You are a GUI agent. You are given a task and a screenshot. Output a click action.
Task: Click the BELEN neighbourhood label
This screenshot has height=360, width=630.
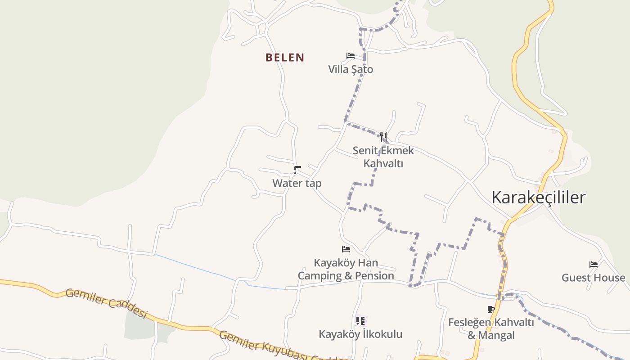click(x=285, y=58)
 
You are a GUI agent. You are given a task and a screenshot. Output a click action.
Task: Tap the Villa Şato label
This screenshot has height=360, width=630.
click(x=351, y=69)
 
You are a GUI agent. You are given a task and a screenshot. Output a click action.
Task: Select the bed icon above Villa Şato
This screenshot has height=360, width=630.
click(x=351, y=56)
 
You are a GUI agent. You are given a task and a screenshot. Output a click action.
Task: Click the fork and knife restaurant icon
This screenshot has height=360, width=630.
click(x=383, y=137)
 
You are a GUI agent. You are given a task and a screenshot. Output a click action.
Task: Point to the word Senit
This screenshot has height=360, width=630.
click(x=366, y=150)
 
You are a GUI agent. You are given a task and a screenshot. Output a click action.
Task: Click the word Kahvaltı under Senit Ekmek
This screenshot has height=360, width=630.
click(x=383, y=163)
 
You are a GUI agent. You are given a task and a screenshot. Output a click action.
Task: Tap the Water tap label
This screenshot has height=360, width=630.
click(x=297, y=183)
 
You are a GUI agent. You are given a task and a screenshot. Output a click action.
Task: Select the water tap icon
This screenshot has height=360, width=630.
click(x=297, y=170)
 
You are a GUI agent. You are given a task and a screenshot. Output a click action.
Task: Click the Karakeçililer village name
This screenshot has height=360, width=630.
click(x=538, y=198)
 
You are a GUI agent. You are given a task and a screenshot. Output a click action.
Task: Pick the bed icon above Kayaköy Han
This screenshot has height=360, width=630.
click(x=346, y=249)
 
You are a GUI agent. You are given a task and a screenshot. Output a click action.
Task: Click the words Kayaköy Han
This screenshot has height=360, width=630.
click(x=346, y=262)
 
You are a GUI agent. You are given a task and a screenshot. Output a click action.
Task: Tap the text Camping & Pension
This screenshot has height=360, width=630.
click(x=346, y=275)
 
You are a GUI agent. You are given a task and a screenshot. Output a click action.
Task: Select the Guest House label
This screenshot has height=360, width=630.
click(x=593, y=278)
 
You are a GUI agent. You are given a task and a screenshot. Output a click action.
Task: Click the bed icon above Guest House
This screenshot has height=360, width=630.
click(x=594, y=264)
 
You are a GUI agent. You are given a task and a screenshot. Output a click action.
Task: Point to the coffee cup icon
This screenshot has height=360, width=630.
click(x=491, y=309)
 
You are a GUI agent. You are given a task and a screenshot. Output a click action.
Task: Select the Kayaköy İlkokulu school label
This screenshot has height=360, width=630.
click(x=360, y=334)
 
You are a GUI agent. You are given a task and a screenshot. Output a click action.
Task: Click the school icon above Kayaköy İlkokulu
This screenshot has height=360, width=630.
click(x=360, y=321)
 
